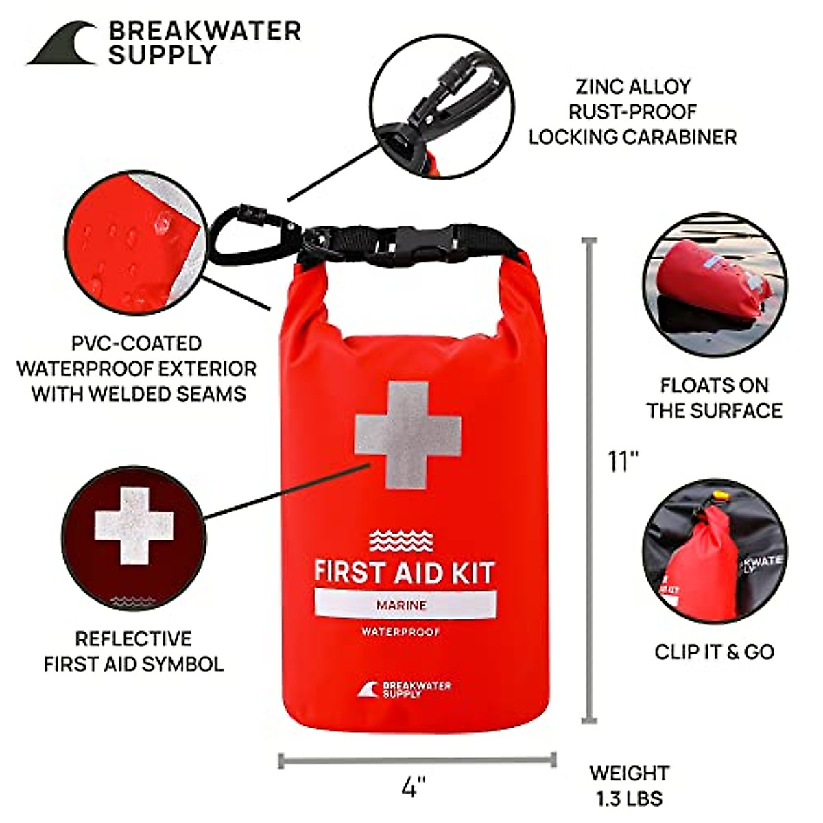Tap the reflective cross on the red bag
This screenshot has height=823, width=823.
pos(408,435)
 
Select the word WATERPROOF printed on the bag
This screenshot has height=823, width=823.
pos(401,631)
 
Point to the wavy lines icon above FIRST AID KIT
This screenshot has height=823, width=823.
pos(401,540)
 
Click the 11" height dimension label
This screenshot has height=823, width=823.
pos(623,460)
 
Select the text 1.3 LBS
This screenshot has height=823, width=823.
pos(629,798)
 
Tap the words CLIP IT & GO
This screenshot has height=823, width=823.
pos(714,652)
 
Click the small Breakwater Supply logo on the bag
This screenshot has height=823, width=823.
pos(404,689)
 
